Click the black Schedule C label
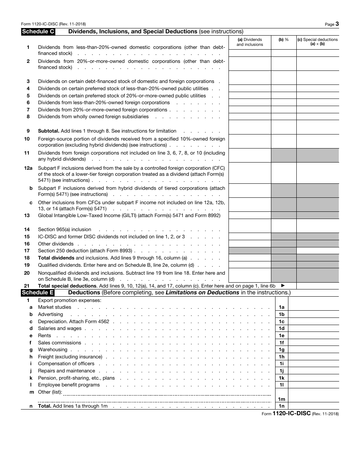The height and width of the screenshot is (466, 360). click(x=38, y=32)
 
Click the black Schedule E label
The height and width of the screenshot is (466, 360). click(x=38, y=292)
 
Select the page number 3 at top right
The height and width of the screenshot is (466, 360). click(x=337, y=24)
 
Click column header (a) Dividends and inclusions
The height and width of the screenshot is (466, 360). click(x=249, y=42)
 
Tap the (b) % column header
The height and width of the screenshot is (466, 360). click(x=283, y=39)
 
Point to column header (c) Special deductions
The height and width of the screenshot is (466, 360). click(x=317, y=42)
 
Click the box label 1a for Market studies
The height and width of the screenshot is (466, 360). click(x=281, y=307)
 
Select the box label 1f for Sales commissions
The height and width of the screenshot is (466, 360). click(x=281, y=342)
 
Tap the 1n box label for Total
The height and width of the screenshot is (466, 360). click(x=281, y=406)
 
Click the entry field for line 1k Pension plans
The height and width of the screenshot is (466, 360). click(x=313, y=378)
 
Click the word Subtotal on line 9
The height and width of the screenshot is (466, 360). click(x=49, y=131)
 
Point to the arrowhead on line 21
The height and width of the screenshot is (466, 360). click(x=282, y=286)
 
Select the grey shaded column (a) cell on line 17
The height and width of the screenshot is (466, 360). click(x=249, y=250)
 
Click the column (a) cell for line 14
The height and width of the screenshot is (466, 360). click(x=249, y=226)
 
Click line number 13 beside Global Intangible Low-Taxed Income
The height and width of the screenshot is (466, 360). click(x=27, y=215)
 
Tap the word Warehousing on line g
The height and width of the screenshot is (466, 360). click(x=53, y=350)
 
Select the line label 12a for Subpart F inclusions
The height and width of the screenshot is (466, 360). click(x=28, y=168)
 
